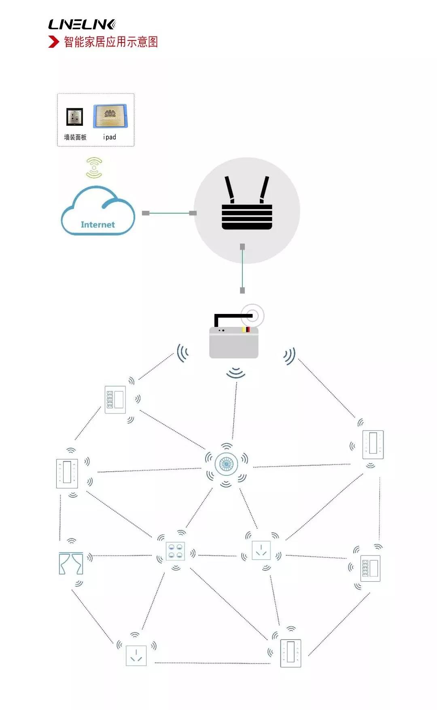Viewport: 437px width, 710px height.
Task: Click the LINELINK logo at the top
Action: pyautogui.click(x=82, y=25)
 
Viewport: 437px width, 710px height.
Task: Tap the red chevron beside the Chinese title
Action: pyautogui.click(x=53, y=42)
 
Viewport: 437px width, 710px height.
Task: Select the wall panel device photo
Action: pyautogui.click(x=75, y=117)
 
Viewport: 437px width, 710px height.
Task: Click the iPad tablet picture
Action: pyautogui.click(x=110, y=116)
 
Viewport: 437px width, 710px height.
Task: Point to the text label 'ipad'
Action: pyautogui.click(x=110, y=137)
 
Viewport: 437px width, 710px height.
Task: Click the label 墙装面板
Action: pyautogui.click(x=75, y=137)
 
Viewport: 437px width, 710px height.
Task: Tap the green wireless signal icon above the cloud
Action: pyautogui.click(x=94, y=168)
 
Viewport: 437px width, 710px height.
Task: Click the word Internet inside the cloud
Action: pyautogui.click(x=98, y=225)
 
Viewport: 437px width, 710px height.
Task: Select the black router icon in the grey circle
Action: pyautogui.click(x=247, y=203)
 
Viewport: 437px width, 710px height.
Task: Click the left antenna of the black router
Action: pyautogui.click(x=230, y=189)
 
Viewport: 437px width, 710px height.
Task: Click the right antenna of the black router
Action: pyautogui.click(x=264, y=189)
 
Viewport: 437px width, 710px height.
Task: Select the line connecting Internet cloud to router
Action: pyautogui.click(x=169, y=213)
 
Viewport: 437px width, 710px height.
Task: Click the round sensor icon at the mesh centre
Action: pyautogui.click(x=226, y=464)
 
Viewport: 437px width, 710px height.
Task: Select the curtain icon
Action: pyautogui.click(x=71, y=563)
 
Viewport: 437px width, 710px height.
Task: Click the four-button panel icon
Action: pyautogui.click(x=176, y=551)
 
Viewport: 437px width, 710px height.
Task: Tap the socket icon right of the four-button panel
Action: pyautogui.click(x=261, y=550)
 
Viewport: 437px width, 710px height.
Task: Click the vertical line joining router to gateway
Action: pyautogui.click(x=242, y=269)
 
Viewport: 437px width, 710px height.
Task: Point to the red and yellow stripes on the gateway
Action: pyautogui.click(x=246, y=329)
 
